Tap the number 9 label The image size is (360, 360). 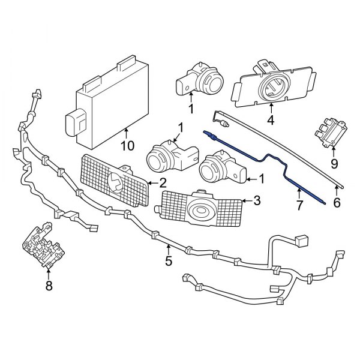pyautogui.click(x=334, y=163)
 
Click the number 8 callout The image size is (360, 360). pyautogui.click(x=49, y=286)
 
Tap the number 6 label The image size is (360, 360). pyautogui.click(x=337, y=203)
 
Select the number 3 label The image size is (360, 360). pyautogui.click(x=258, y=200)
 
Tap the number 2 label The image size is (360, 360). pyautogui.click(x=163, y=183)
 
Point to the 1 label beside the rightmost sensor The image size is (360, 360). pyautogui.click(x=262, y=178)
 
